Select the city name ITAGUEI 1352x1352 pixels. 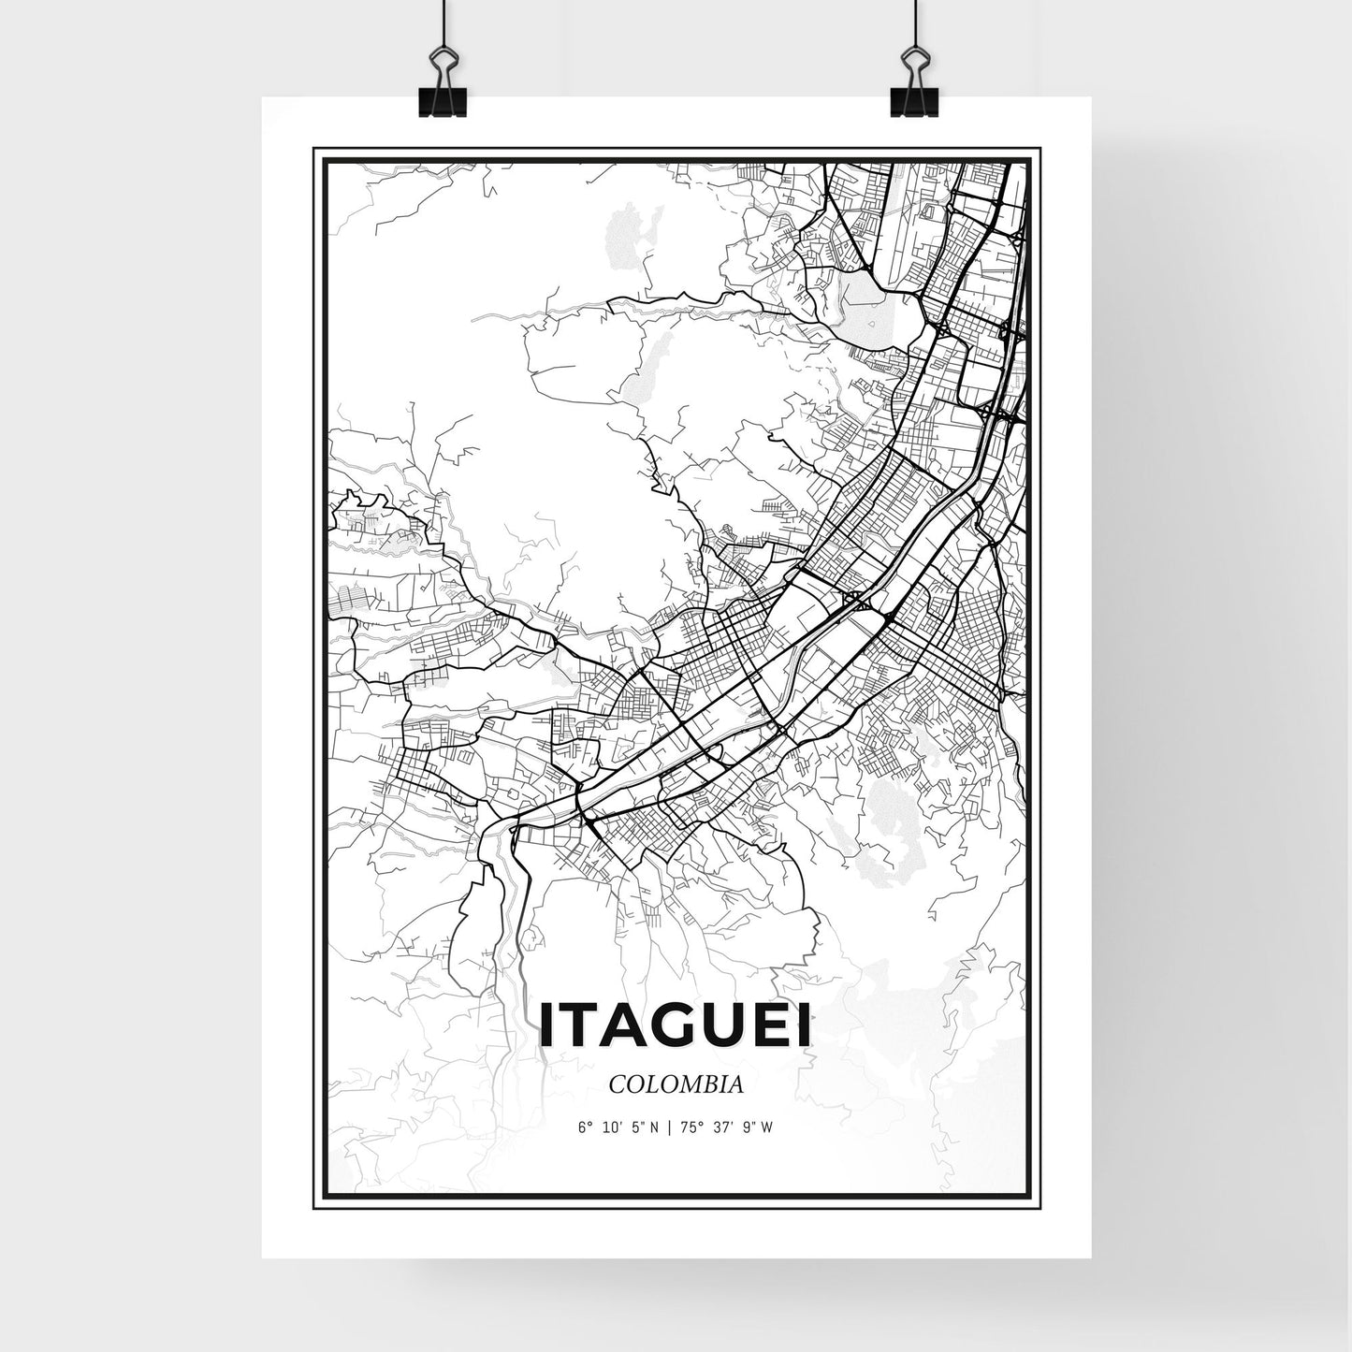point(676,1026)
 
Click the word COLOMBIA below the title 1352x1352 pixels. point(676,1085)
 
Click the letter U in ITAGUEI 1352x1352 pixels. point(727,1026)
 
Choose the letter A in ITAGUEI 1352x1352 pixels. point(630,1026)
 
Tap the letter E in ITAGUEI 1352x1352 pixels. point(771,1026)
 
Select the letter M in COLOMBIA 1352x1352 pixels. point(691,1085)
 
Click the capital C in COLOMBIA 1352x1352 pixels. point(616,1085)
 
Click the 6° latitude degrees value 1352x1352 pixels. point(583,1127)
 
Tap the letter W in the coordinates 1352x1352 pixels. point(768,1127)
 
